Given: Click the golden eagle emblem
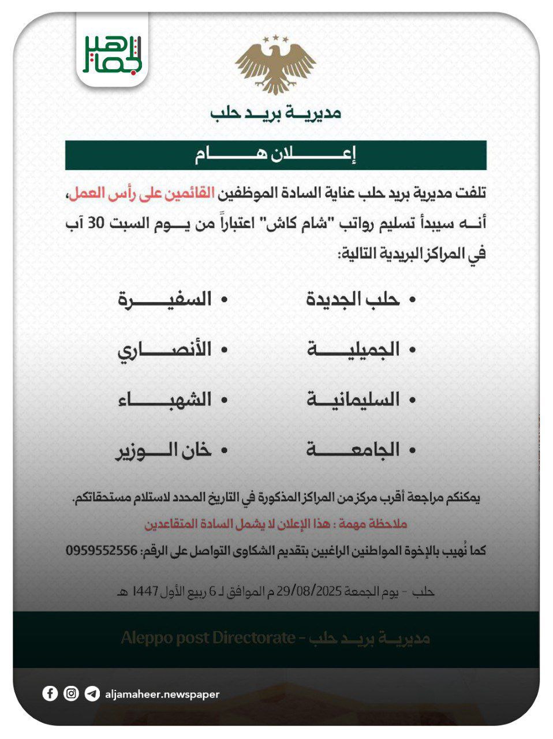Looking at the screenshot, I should coord(276,64).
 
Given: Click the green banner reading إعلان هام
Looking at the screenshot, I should coord(275,155).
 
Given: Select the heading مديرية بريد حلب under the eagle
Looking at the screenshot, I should coord(275,113).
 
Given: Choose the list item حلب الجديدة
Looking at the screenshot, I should coord(353,299).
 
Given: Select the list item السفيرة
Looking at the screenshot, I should coord(165,299).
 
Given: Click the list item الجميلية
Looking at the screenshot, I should coord(353,349).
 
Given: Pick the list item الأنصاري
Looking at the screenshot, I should coord(165,349).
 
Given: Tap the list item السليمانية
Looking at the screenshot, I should coord(353,400).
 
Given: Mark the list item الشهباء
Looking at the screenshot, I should coord(165,400).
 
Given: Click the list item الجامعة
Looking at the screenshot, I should coord(353,450).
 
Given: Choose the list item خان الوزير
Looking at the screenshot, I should coord(165,450).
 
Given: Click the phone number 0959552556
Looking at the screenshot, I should coord(102,551).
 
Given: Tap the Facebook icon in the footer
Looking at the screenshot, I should coord(50,693).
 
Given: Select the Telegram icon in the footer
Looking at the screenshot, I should coord(92,693).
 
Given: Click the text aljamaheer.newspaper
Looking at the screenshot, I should coord(162,694).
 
